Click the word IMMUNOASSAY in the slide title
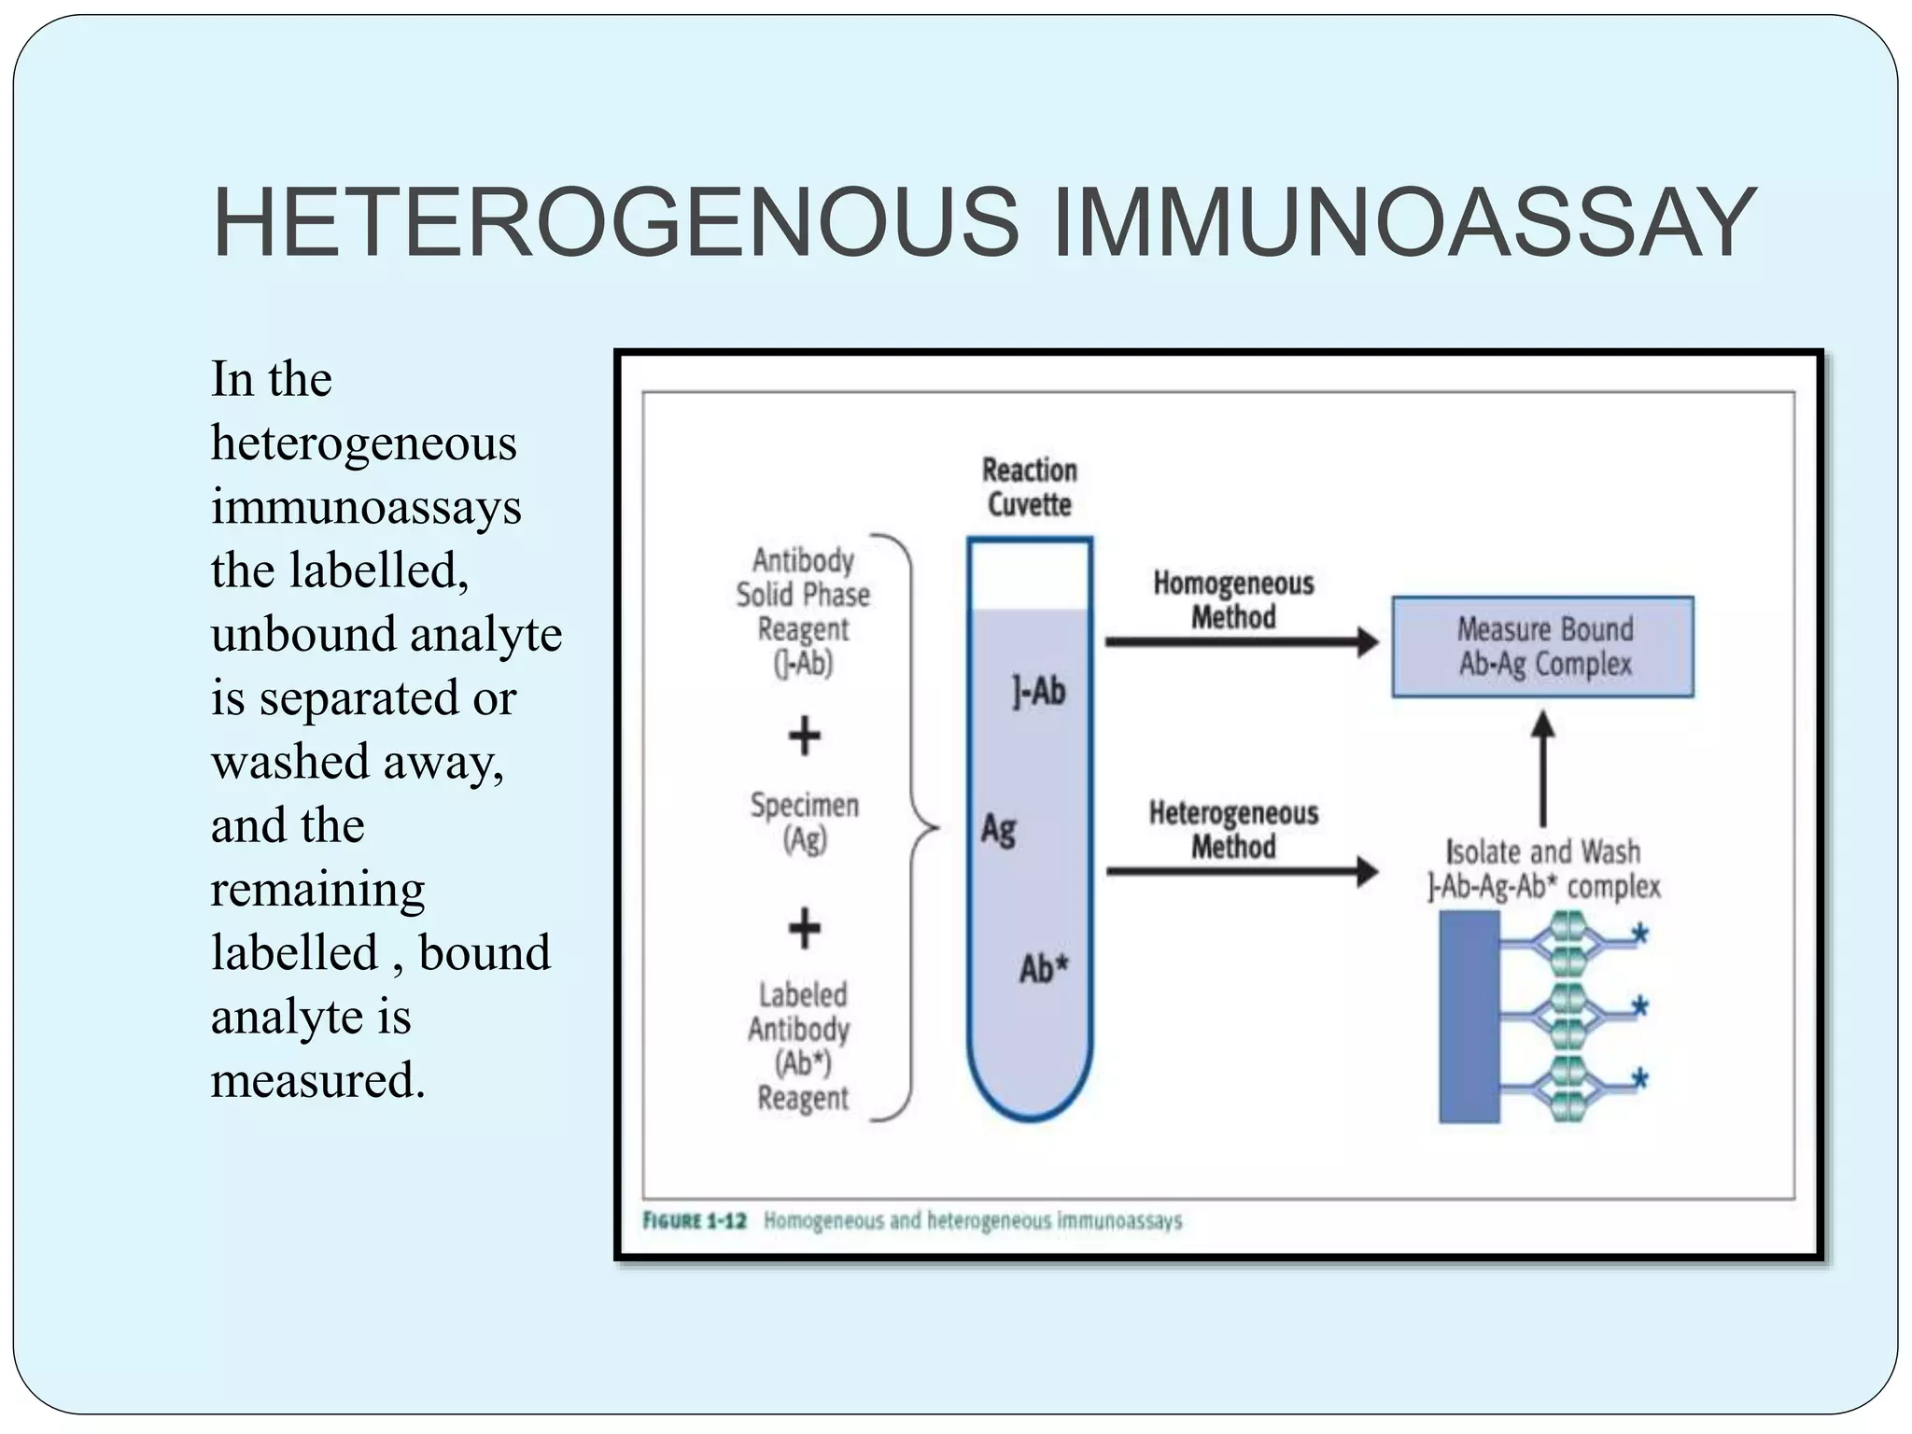(x=1404, y=224)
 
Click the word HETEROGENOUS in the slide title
(x=616, y=224)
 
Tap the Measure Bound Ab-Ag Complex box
(x=1542, y=646)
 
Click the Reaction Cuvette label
(x=1029, y=486)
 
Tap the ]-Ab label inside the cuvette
(x=1038, y=692)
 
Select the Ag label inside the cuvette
(x=998, y=828)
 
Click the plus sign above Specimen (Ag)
(x=804, y=736)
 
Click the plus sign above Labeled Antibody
(x=804, y=928)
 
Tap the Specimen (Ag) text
(x=804, y=822)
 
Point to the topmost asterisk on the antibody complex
(x=1638, y=934)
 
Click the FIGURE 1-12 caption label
(x=695, y=1220)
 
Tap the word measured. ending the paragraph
(x=317, y=1080)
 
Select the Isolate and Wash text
(x=1542, y=851)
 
